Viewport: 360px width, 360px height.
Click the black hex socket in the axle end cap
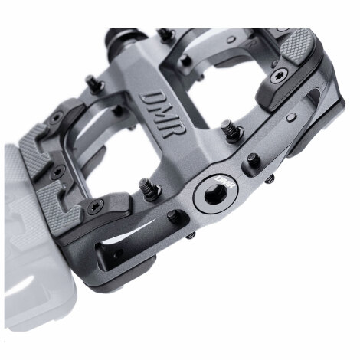coord(214,195)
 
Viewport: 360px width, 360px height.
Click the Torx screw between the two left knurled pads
coord(57,172)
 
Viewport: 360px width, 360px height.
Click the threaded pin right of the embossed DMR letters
coord(230,131)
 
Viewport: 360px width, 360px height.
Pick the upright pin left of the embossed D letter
coord(94,83)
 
